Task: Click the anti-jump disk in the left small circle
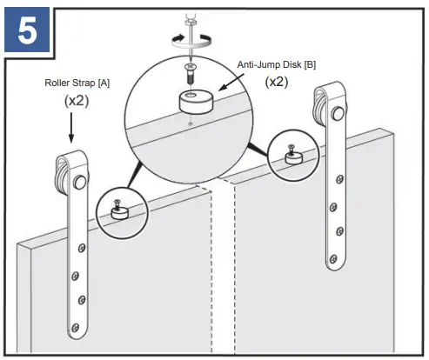coord(118,211)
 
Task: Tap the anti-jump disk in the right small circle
coord(292,158)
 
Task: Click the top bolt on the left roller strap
coord(80,183)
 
